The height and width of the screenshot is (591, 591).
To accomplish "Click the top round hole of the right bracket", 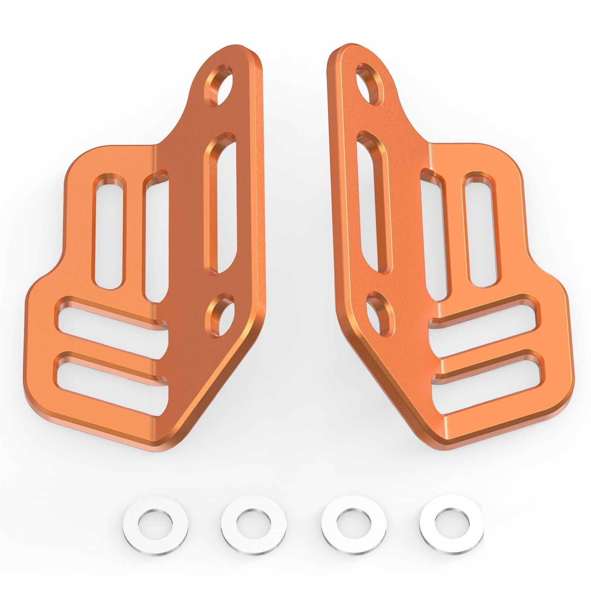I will (x=370, y=84).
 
